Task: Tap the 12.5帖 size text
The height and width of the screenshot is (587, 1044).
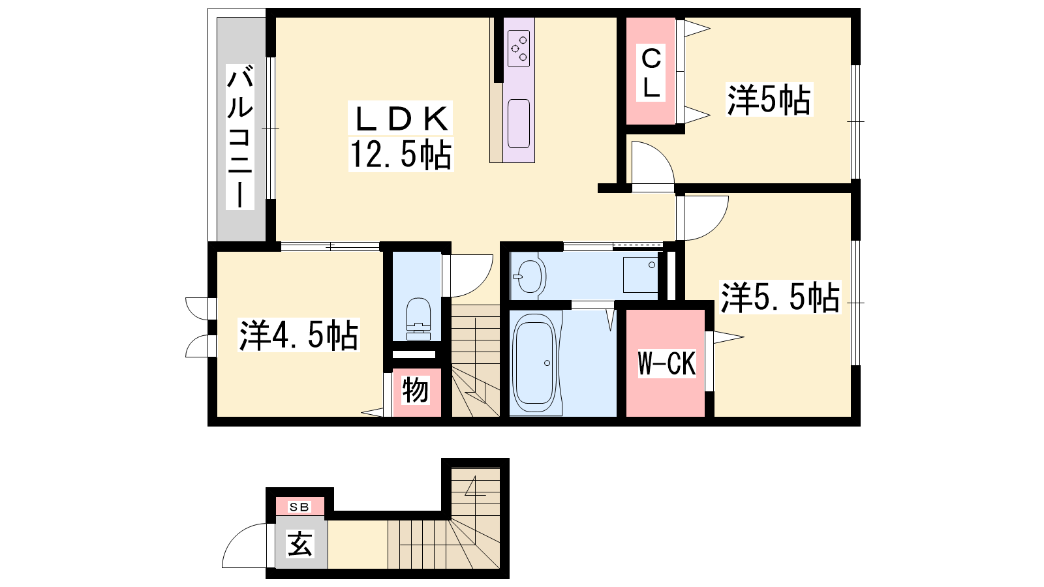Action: (x=401, y=155)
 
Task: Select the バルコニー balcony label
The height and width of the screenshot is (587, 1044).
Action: (x=240, y=136)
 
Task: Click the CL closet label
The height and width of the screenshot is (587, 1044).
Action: (x=651, y=73)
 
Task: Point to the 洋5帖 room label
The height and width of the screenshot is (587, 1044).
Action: (x=769, y=100)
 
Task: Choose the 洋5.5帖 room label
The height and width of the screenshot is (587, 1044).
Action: (x=780, y=297)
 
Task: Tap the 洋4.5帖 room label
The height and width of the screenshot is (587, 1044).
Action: (x=298, y=335)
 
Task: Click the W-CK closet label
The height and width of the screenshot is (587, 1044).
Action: (x=666, y=363)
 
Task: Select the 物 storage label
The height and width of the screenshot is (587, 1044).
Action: (x=415, y=390)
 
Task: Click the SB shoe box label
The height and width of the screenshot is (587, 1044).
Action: (x=299, y=507)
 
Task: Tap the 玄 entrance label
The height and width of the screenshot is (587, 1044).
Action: (x=299, y=544)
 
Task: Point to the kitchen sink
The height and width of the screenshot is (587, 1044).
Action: (x=519, y=123)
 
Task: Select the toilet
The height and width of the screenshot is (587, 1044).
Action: (x=418, y=319)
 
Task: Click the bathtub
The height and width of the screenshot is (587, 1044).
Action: (x=534, y=363)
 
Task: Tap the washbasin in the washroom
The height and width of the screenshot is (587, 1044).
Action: (x=529, y=277)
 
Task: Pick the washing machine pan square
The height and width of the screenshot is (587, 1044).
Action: (x=640, y=275)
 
